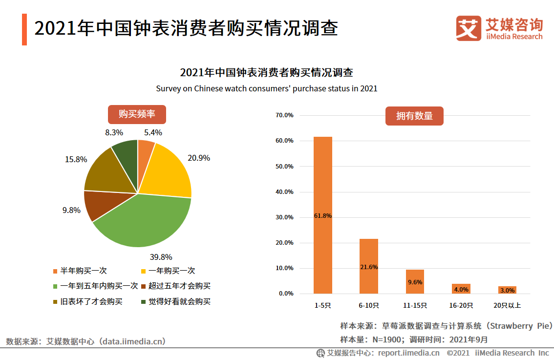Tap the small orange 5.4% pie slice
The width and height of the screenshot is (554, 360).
pyautogui.click(x=145, y=149)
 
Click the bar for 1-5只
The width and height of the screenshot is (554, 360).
pyautogui.click(x=322, y=215)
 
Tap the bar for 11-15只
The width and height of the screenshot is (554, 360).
pyautogui.click(x=414, y=281)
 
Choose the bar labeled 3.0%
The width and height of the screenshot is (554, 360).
pyautogui.click(x=507, y=290)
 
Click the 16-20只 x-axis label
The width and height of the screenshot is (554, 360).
pyautogui.click(x=461, y=306)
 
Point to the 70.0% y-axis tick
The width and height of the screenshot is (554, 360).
pyautogui.click(x=284, y=115)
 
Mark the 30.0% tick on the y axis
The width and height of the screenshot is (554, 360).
pyautogui.click(x=284, y=217)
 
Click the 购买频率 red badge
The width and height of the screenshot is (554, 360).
pyautogui.click(x=137, y=114)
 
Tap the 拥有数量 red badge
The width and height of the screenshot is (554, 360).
pyautogui.click(x=414, y=116)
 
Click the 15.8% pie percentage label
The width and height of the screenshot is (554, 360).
pyautogui.click(x=76, y=159)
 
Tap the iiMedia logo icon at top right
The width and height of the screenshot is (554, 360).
pyautogui.click(x=468, y=28)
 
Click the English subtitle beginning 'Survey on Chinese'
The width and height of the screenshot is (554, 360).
pyautogui.click(x=267, y=89)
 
